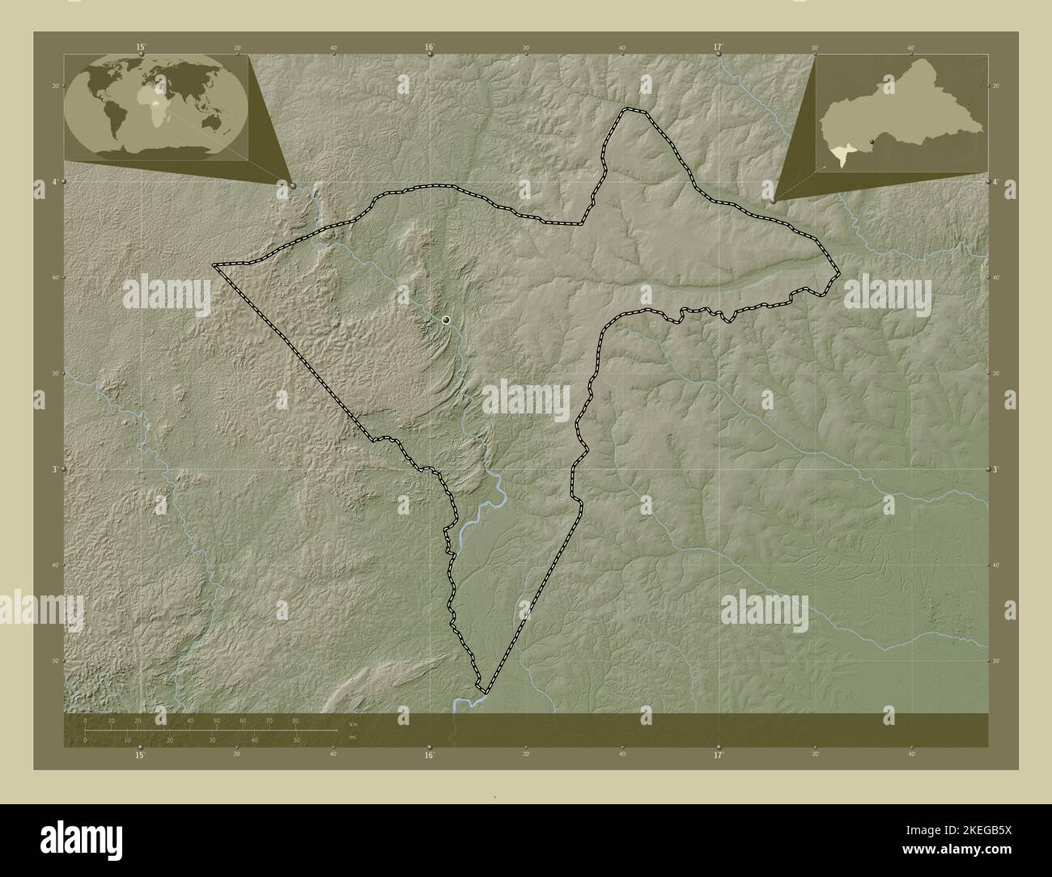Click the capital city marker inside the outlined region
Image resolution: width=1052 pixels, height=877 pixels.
[446, 320]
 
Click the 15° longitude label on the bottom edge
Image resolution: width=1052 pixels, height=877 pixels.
[140, 755]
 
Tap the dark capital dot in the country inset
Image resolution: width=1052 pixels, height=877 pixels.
[884, 143]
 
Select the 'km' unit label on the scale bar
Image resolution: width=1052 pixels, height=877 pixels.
[353, 723]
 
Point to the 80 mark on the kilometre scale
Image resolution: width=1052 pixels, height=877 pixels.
[295, 720]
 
